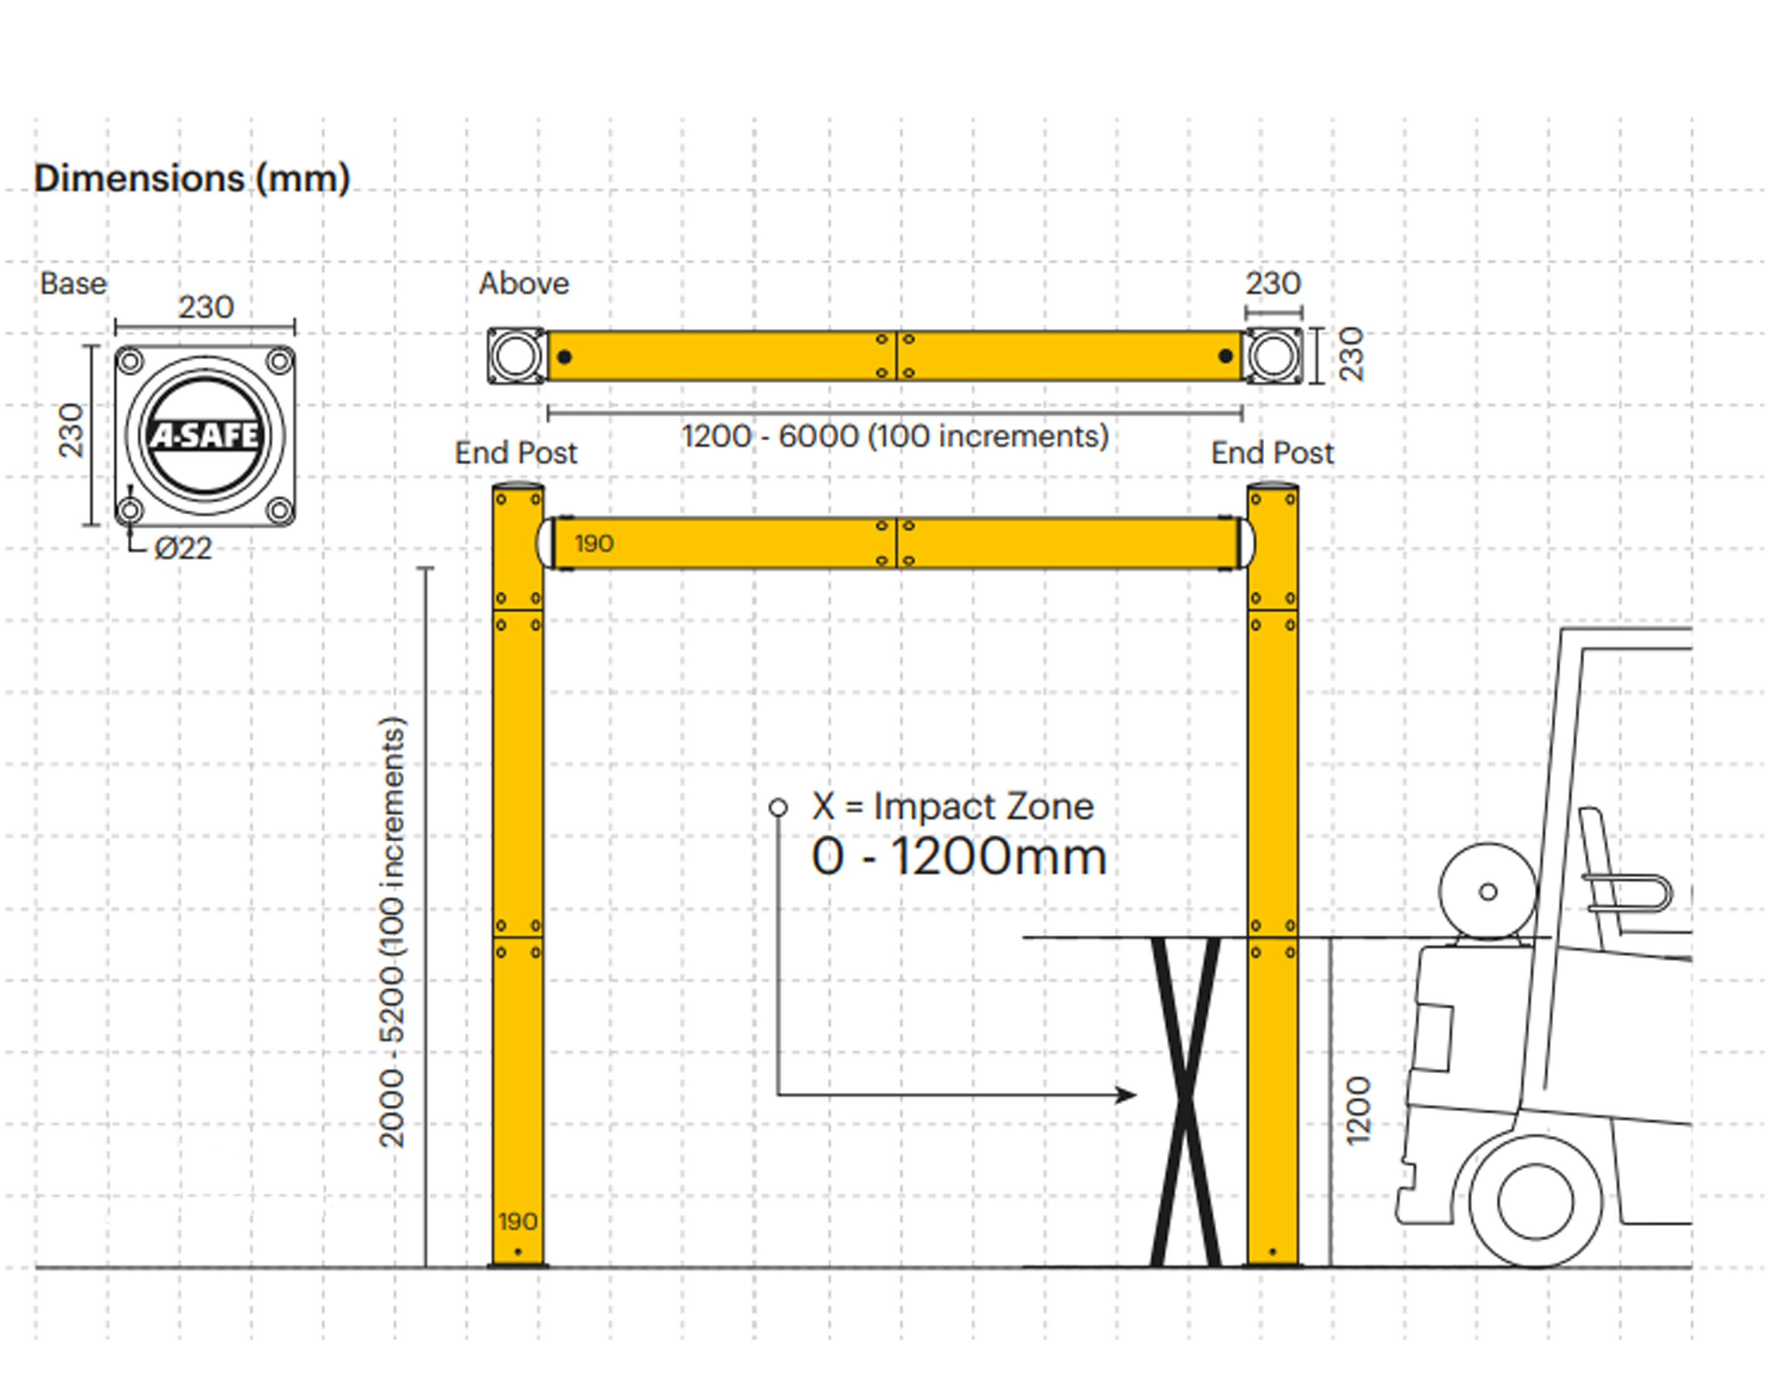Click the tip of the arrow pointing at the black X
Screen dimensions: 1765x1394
pyautogui.click(x=1136, y=1094)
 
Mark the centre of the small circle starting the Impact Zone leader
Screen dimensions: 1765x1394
pyautogui.click(x=778, y=807)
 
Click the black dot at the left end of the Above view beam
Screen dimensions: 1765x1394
pyautogui.click(x=564, y=357)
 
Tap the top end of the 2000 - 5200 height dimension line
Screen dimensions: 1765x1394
pyautogui.click(x=425, y=567)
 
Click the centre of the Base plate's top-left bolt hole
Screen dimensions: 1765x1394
pyautogui.click(x=131, y=360)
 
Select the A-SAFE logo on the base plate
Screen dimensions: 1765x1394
pyautogui.click(x=205, y=435)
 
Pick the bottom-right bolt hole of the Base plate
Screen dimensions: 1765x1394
pyautogui.click(x=279, y=511)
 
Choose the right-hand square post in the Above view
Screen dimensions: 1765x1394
pyautogui.click(x=1273, y=356)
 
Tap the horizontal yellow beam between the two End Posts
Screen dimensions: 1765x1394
pyautogui.click(x=896, y=543)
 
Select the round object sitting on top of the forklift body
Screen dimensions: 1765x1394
pyautogui.click(x=1487, y=892)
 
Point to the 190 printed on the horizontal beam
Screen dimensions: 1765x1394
pyautogui.click(x=594, y=543)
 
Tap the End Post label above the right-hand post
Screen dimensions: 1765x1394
pyautogui.click(x=1272, y=453)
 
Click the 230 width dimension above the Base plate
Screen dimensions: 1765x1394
pyautogui.click(x=206, y=308)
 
